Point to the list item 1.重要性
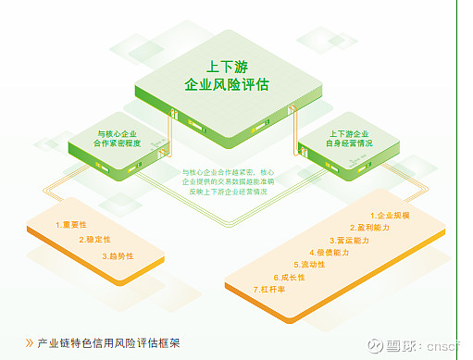point(70,224)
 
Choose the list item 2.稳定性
point(94,239)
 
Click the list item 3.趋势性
point(118,254)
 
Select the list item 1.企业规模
point(390,215)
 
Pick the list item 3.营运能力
point(350,240)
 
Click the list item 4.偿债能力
point(329,252)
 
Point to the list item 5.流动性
point(308,265)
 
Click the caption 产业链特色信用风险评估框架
point(108,342)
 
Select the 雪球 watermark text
point(401,344)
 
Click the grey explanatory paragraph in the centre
point(227,181)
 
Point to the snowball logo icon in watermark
point(374,343)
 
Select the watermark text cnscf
point(446,345)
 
